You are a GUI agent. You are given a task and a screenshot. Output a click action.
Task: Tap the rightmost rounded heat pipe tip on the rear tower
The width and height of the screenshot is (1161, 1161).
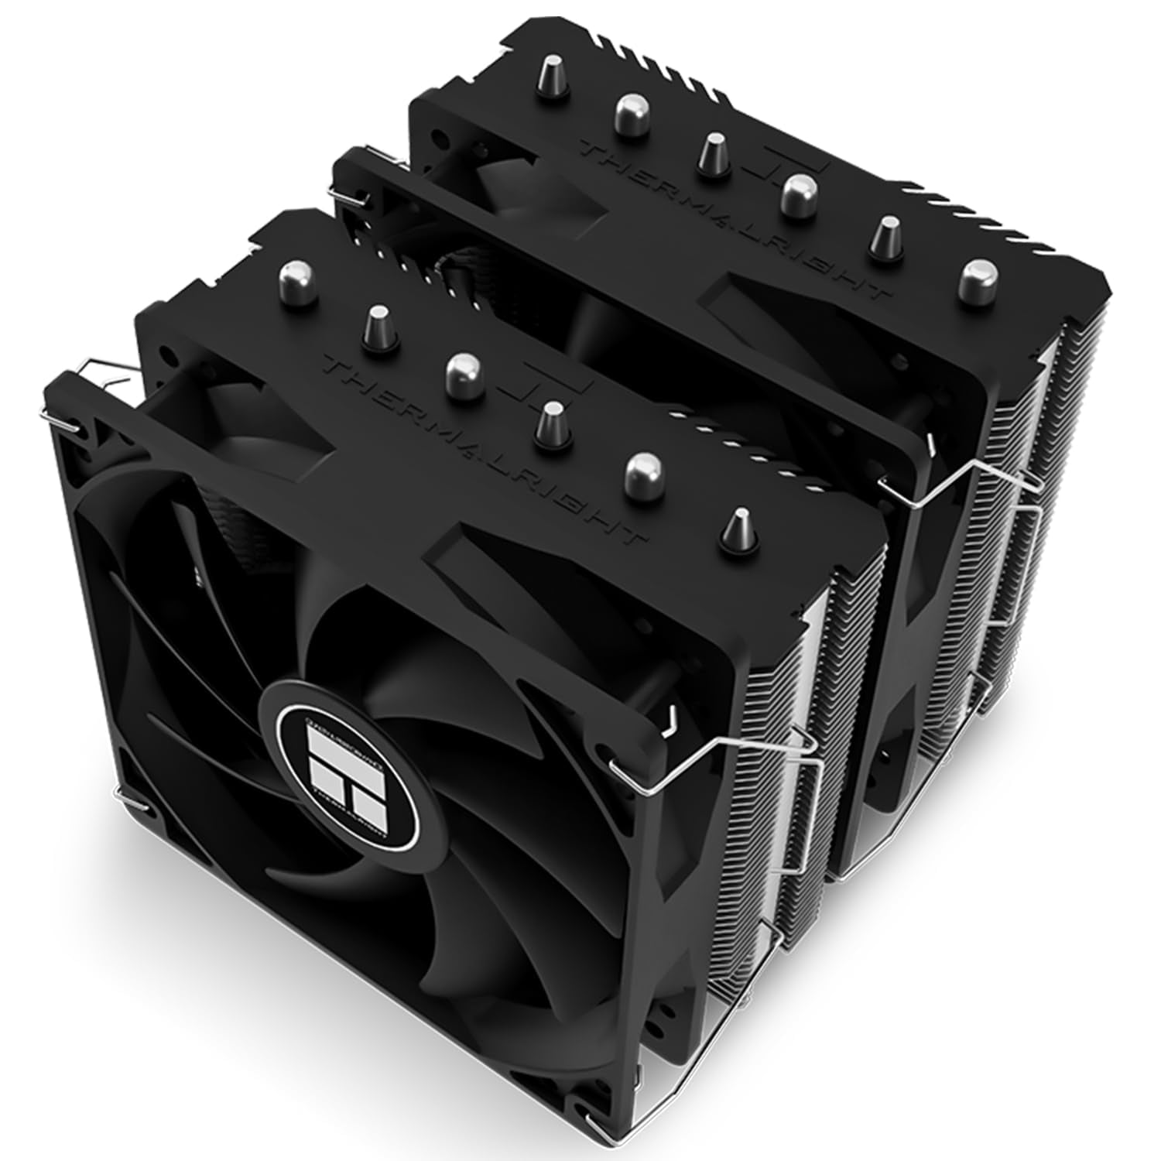(979, 279)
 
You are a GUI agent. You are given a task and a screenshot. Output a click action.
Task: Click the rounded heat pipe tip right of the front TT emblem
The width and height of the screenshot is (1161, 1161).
(642, 469)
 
